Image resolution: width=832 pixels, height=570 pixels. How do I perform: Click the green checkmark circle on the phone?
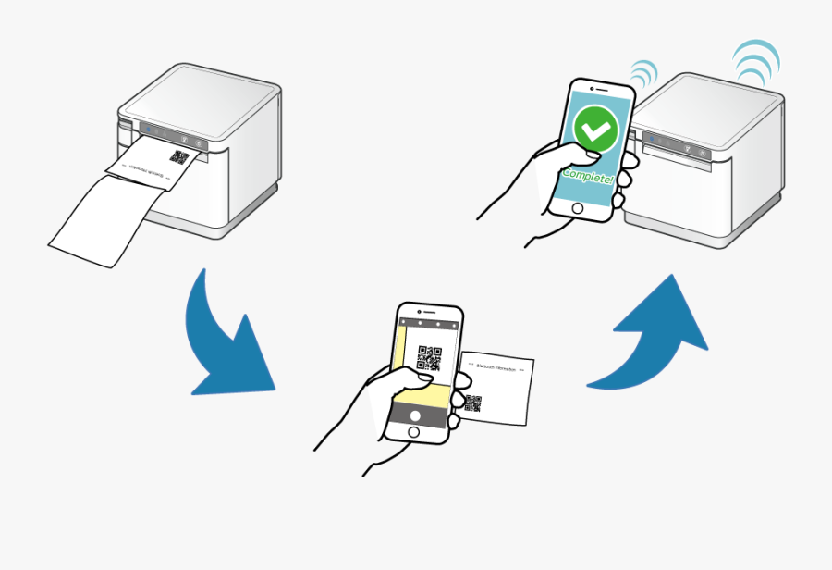coord(594,130)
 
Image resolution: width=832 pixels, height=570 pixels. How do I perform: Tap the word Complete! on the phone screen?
coord(589,175)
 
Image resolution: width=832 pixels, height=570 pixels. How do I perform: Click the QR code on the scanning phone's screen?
coord(429,357)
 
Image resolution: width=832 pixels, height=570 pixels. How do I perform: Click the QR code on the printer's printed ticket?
coord(179,157)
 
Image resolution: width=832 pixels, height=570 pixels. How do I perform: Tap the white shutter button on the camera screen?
coord(414,415)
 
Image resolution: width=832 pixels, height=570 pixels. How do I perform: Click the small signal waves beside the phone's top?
coord(643,72)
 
